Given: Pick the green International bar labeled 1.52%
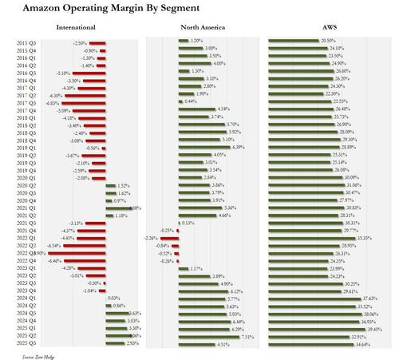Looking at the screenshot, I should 111,184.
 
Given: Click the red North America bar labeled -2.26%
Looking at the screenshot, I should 172,237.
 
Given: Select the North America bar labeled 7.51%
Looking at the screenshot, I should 199,336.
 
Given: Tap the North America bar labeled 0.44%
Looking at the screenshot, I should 180,101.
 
